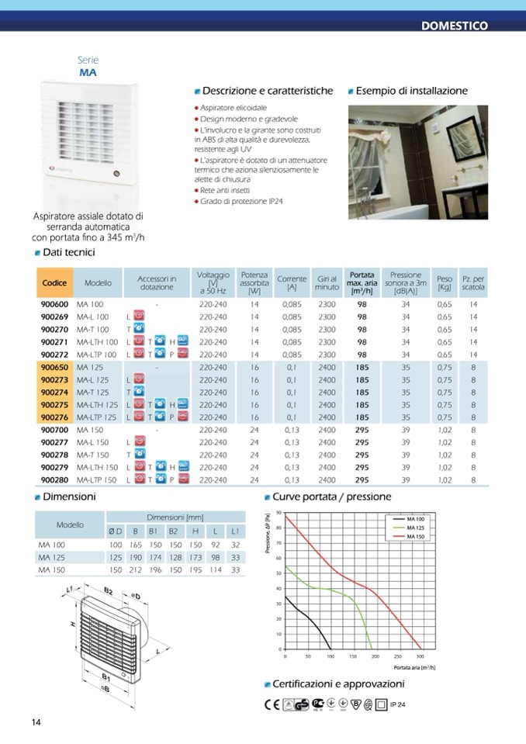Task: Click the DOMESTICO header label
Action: (454, 26)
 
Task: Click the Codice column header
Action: (54, 283)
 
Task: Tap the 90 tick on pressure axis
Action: (279, 514)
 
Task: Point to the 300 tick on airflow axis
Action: (420, 656)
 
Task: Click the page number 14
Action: (36, 722)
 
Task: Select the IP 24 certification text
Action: (397, 704)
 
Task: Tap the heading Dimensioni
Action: (69, 497)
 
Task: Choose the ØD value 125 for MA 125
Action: (116, 557)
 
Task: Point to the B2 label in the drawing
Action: (109, 591)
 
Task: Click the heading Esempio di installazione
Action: (412, 91)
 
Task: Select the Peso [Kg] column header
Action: (444, 283)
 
